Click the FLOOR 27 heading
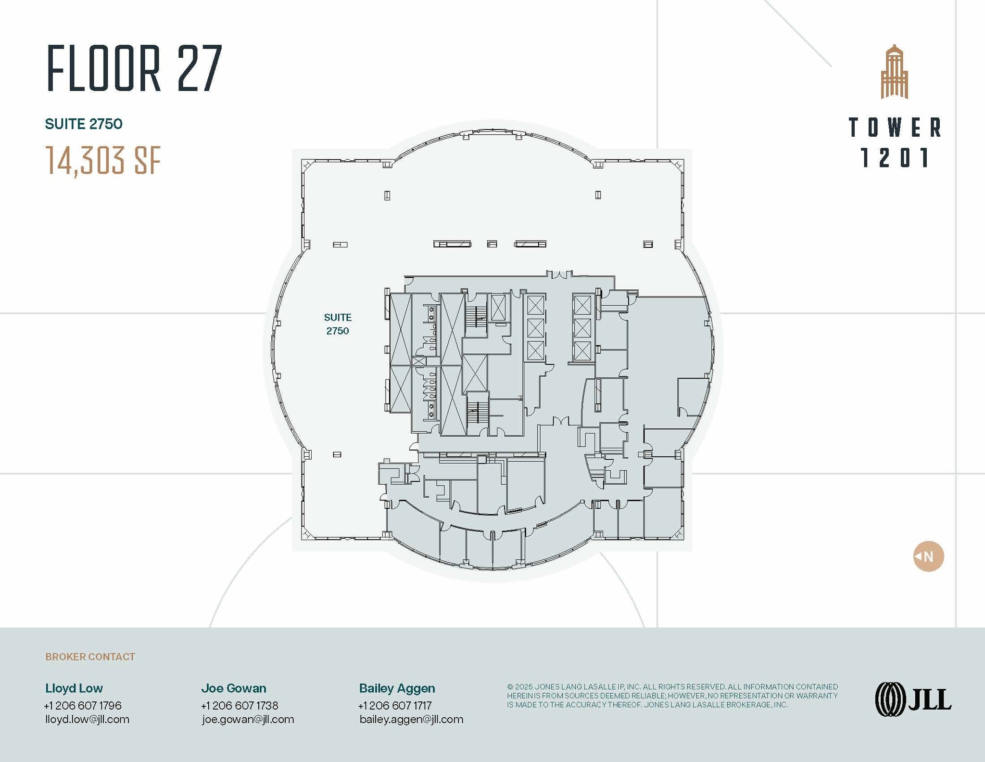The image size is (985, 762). [134, 68]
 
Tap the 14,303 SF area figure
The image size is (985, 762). [103, 160]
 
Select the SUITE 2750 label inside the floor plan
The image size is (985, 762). [337, 324]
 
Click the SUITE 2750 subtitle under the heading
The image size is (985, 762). [84, 124]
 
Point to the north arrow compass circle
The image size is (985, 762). [928, 556]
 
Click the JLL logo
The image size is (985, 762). [912, 699]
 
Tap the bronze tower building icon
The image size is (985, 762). [894, 72]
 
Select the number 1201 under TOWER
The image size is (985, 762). [894, 158]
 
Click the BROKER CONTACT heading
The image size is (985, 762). [90, 657]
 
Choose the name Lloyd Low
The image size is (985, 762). [74, 688]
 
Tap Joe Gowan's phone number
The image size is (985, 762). [240, 705]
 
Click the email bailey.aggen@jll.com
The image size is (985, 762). [411, 719]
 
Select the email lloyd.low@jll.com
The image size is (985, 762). [87, 719]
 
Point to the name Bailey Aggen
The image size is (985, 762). [397, 688]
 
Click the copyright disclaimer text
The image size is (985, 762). [672, 696]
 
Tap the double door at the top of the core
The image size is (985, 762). [559, 274]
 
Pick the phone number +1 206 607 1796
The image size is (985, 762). [83, 705]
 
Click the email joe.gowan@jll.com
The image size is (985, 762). [248, 719]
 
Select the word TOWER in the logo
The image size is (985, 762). [894, 128]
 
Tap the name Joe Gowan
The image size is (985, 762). [234, 688]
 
